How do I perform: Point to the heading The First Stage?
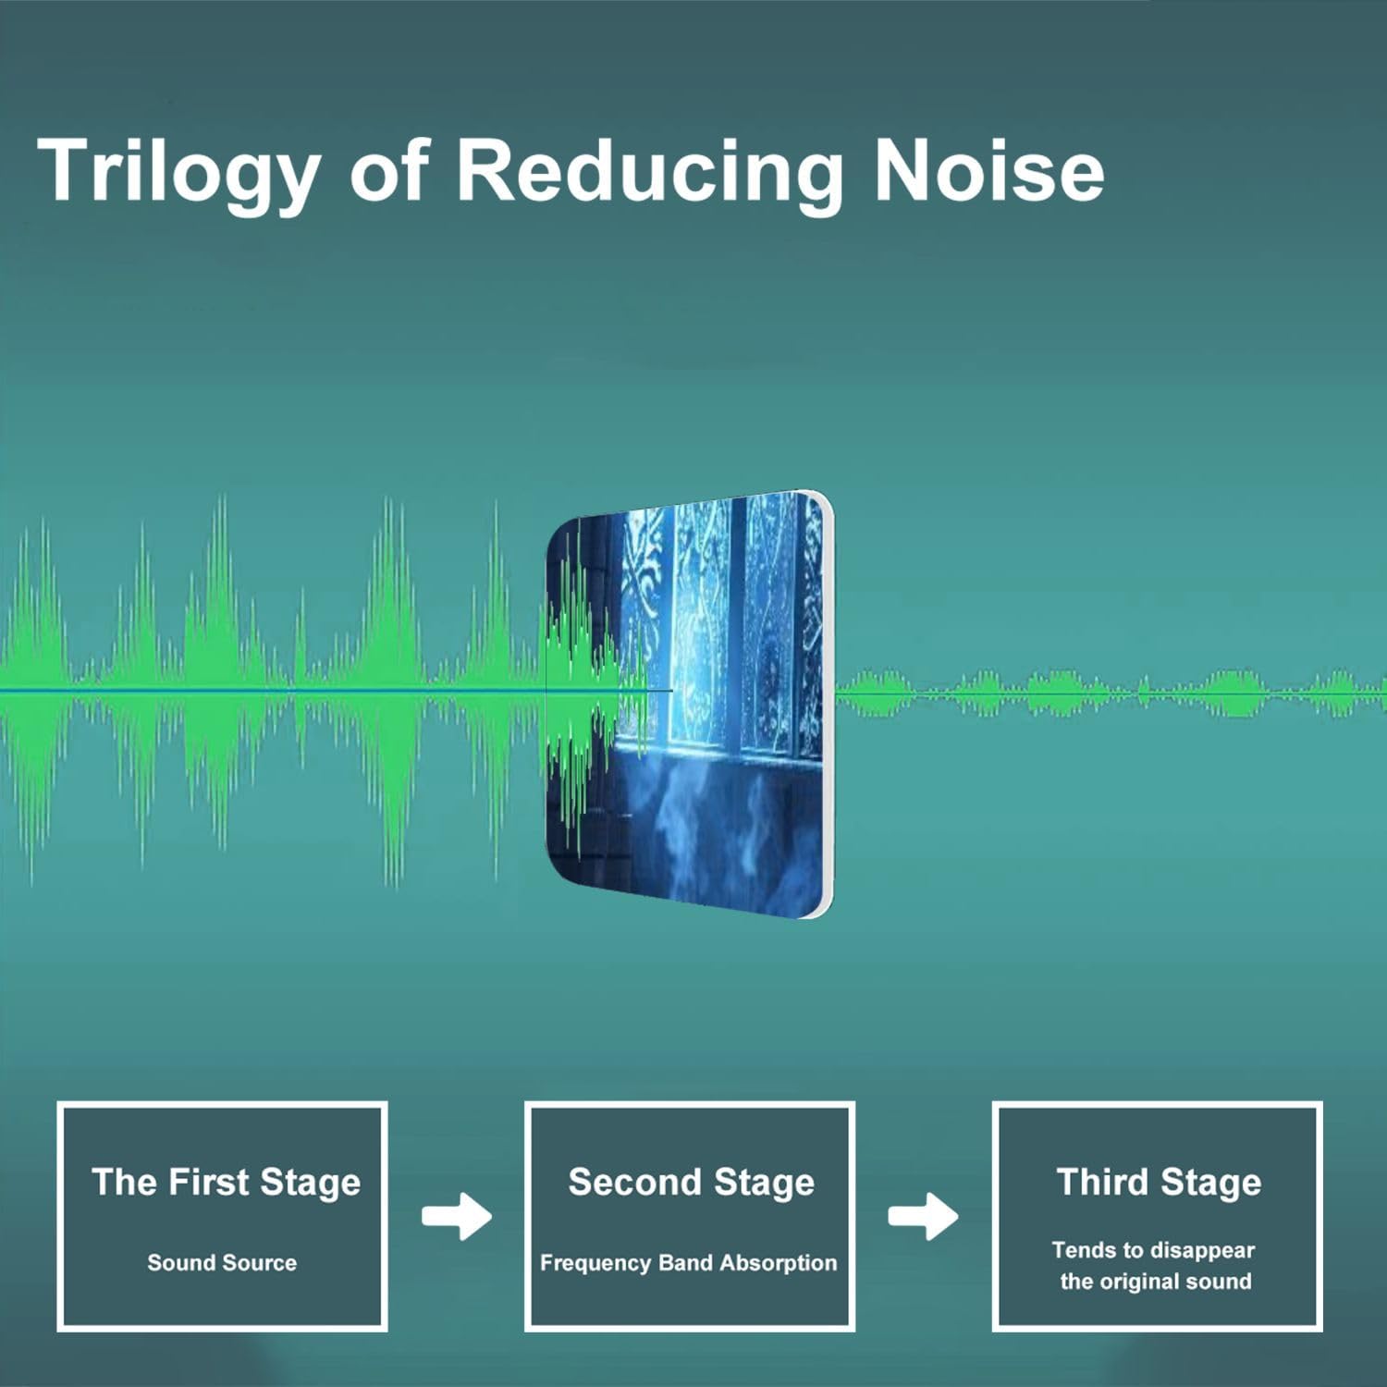226,1183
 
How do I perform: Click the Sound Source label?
222,1262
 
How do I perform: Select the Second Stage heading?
691,1183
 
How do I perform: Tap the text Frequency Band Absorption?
688,1263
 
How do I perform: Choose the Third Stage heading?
1159,1183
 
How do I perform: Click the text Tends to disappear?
1153,1250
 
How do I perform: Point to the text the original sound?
1156,1282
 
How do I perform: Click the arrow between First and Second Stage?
457,1216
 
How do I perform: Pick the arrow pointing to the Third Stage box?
923,1216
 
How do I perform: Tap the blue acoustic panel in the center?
689,705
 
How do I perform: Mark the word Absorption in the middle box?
778,1263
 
